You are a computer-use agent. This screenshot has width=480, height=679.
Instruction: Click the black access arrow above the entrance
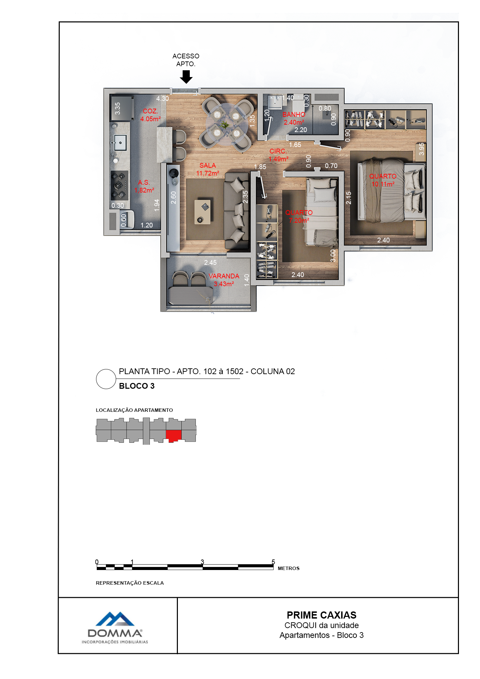[x=186, y=77]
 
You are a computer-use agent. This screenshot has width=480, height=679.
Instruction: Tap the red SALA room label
[x=208, y=165]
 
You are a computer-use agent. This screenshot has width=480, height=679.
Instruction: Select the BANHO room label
[x=294, y=114]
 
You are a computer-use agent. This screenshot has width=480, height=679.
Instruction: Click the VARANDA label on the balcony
[x=224, y=276]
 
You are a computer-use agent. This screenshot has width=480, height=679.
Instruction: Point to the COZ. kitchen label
[x=150, y=111]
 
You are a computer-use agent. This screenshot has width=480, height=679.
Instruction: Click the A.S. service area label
[x=144, y=182]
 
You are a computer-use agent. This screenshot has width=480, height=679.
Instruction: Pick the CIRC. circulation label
[x=278, y=151]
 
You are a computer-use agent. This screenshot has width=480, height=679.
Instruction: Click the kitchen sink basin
[x=120, y=143]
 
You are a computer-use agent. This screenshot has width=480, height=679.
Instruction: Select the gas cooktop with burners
[x=119, y=185]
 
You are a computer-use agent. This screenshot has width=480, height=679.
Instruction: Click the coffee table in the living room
[x=202, y=212]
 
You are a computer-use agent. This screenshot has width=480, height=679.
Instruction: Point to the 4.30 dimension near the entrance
[x=163, y=98]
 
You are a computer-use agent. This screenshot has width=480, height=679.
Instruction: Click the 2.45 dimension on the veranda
[x=210, y=262]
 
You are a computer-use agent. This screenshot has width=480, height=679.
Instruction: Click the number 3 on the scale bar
[x=202, y=562]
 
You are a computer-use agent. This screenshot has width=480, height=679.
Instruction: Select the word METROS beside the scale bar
[x=289, y=568]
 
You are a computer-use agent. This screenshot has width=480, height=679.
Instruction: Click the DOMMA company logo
[x=115, y=628]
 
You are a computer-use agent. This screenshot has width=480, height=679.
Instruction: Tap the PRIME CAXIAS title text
[x=321, y=615]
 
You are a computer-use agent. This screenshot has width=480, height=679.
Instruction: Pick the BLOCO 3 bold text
[x=137, y=386]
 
